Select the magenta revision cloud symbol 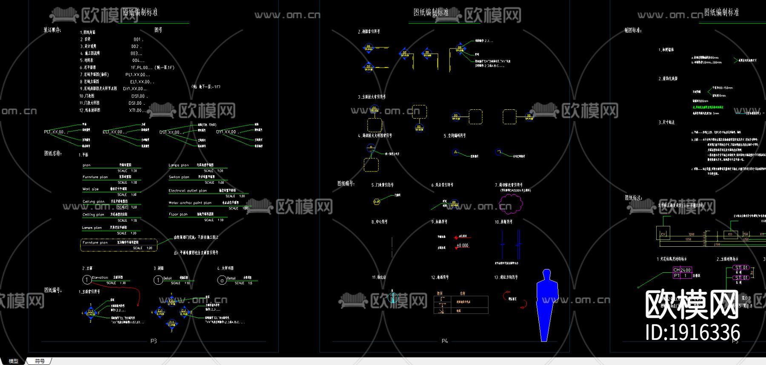pos(511,204)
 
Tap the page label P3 pos(154,341)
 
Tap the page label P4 pos(445,341)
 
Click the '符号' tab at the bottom pos(40,361)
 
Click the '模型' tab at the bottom pos(14,361)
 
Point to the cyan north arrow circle pos(393,298)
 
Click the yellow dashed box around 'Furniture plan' pos(119,245)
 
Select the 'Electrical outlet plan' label pos(188,191)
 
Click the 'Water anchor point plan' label pos(190,203)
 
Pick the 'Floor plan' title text pos(178,214)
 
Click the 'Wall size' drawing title pos(90,189)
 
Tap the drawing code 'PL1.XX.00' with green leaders pos(54,132)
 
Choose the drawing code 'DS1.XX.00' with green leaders pos(169,132)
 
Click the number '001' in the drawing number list pos(137,39)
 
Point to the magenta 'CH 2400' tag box pos(682,270)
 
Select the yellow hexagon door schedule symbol pos(377,202)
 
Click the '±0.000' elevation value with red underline pos(462,245)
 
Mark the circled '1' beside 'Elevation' pos(87,279)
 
